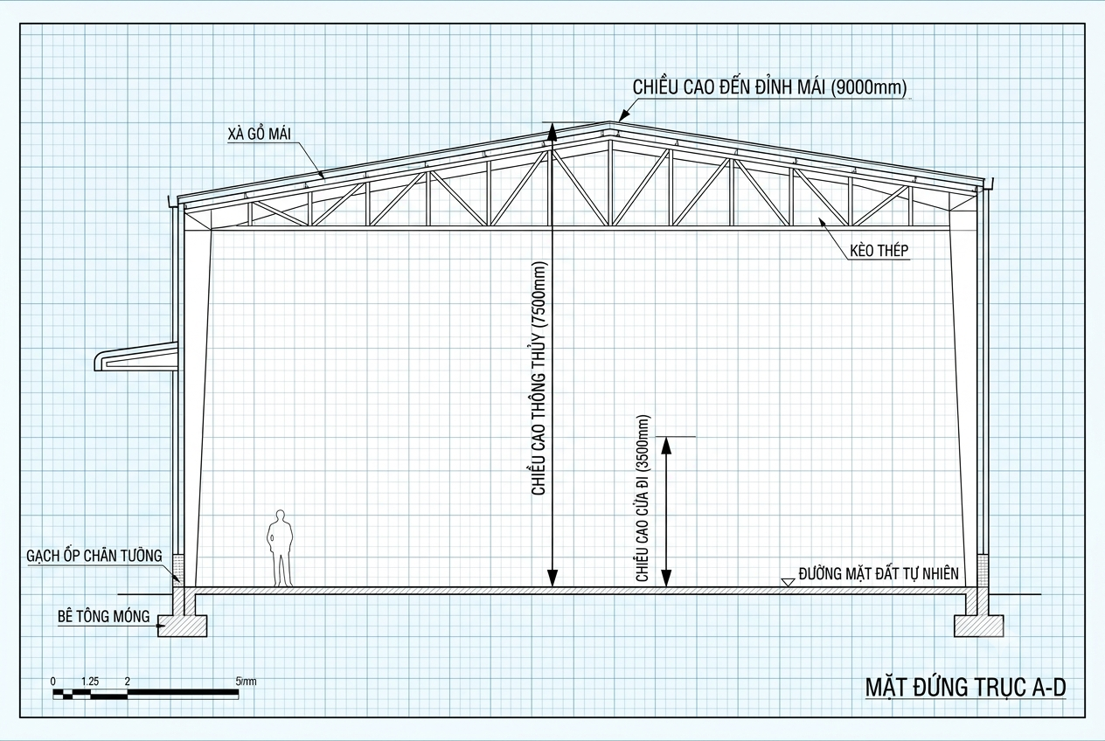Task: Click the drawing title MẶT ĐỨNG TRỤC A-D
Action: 965,688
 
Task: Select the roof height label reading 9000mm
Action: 769,87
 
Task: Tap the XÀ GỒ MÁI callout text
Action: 259,134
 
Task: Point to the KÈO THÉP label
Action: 879,251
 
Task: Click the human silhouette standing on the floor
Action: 281,548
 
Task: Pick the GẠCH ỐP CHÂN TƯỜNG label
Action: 94,556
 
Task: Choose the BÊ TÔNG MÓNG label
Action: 103,616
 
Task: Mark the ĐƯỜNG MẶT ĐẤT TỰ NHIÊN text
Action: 879,573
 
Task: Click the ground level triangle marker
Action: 788,582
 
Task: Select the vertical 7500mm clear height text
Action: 539,378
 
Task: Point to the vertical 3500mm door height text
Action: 643,498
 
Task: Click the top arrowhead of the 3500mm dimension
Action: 666,445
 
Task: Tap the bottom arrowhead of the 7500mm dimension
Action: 552,578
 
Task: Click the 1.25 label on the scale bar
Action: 90,682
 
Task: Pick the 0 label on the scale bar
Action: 53,682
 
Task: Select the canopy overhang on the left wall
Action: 136,357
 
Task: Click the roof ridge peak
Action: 609,122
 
